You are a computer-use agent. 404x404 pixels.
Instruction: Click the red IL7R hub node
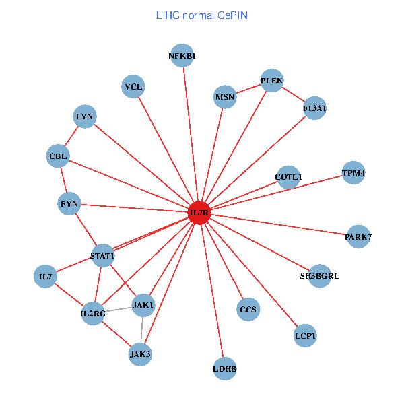199,213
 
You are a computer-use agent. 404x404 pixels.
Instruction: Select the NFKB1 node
182,56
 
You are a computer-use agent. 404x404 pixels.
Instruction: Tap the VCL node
134,86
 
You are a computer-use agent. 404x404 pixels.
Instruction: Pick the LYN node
85,117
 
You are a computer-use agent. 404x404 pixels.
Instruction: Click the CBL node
59,157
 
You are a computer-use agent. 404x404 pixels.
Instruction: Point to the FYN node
70,203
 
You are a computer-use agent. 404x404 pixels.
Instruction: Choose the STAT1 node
103,255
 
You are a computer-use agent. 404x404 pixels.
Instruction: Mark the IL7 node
46,277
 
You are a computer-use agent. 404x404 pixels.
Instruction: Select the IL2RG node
93,314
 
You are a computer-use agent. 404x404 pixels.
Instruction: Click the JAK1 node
143,306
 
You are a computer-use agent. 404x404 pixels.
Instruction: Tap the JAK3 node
140,353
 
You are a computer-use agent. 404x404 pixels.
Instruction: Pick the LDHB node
225,368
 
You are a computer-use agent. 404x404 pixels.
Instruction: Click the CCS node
248,310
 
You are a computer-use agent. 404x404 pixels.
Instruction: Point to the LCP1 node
305,335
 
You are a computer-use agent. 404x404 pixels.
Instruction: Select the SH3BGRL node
320,276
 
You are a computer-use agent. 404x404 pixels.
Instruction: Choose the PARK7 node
358,236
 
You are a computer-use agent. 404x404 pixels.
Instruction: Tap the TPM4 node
353,173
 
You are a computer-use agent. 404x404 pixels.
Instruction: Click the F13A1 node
315,108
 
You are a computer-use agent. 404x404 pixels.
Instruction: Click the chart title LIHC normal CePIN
202,15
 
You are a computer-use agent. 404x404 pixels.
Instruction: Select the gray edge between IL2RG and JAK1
119,310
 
